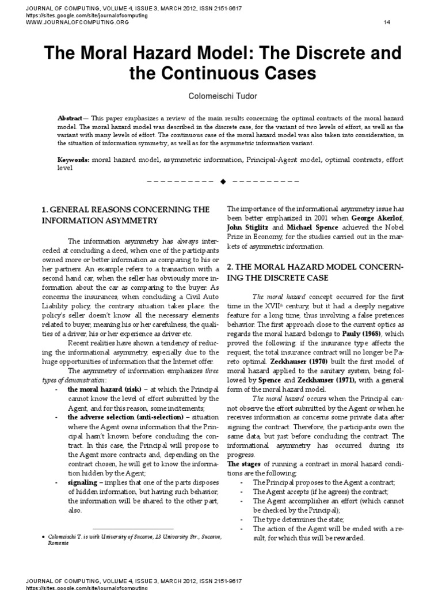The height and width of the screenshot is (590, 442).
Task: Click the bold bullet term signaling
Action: tap(83, 481)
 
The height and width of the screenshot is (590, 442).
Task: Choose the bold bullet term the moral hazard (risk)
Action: tap(102, 388)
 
